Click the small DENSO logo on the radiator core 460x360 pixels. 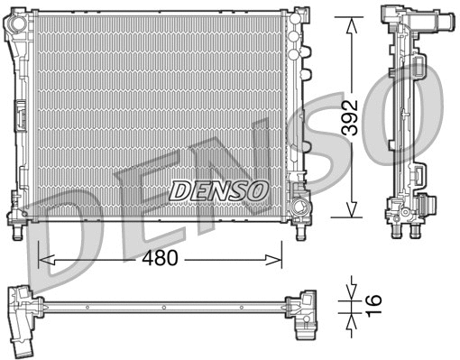coord(219,190)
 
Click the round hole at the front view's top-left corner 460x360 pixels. coord(15,28)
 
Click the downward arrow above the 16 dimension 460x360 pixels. coord(349,292)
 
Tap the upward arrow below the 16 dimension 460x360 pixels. coord(349,317)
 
